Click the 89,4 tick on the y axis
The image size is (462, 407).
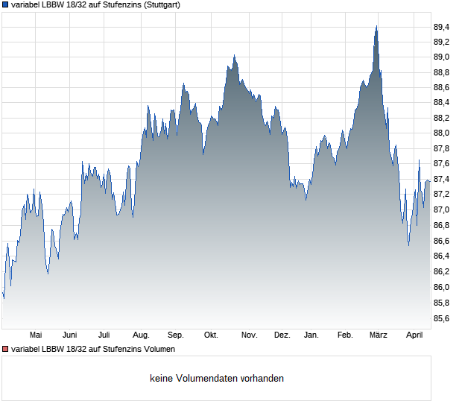click(442, 27)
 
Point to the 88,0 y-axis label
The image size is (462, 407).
click(442, 133)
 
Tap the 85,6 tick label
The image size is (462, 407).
click(442, 318)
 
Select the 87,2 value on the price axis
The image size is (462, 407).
click(442, 195)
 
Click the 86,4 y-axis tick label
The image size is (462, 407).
click(442, 256)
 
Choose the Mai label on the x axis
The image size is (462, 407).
click(35, 335)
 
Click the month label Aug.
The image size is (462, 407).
click(141, 335)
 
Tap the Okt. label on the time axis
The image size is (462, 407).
click(211, 335)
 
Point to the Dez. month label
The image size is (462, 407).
click(282, 335)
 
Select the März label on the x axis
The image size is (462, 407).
click(379, 335)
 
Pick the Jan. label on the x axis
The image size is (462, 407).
click(311, 335)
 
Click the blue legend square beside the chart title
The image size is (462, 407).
click(5, 4)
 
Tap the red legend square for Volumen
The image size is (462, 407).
click(5, 349)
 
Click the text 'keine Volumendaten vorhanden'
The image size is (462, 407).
click(216, 378)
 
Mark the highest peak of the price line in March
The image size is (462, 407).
click(376, 26)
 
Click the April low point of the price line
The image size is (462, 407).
click(408, 245)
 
